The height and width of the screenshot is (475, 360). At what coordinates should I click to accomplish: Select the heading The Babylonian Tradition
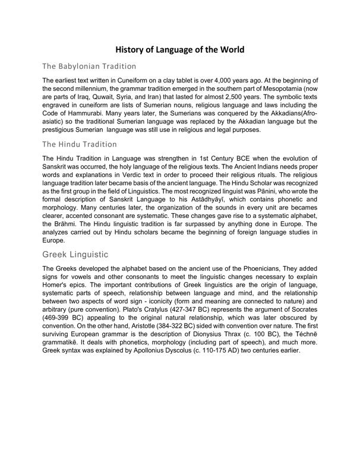click(90, 66)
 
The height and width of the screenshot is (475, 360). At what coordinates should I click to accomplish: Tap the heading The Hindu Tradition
click(80, 144)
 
